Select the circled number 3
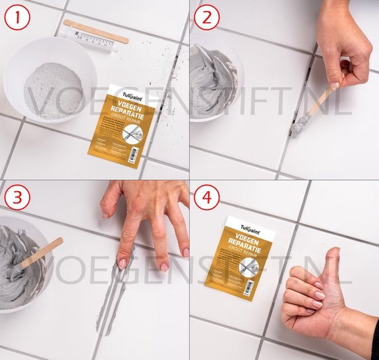coord(15,197)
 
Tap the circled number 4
coord(205,197)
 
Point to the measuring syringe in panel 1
coord(96,41)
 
